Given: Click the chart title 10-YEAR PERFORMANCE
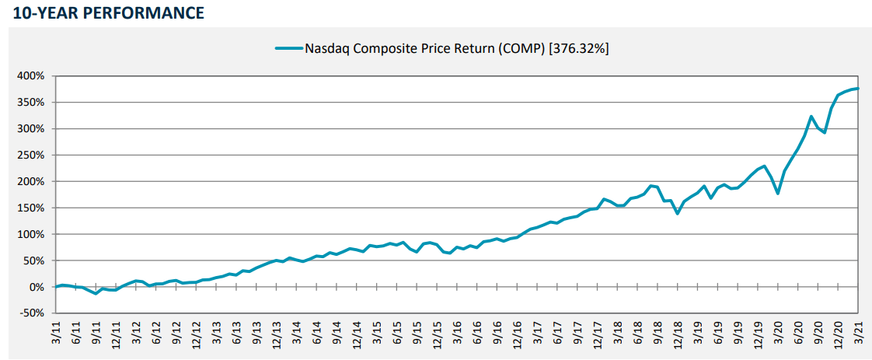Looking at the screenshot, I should pyautogui.click(x=103, y=13).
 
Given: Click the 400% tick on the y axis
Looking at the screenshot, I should pyautogui.click(x=31, y=76).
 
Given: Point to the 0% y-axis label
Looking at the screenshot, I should pyautogui.click(x=37, y=287).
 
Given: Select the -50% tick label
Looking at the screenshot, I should pyautogui.click(x=33, y=313).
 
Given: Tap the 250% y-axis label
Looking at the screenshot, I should pyautogui.click(x=31, y=156).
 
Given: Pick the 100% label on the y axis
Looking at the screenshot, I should pyautogui.click(x=31, y=234).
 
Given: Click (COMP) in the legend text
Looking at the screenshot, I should pyautogui.click(x=523, y=48).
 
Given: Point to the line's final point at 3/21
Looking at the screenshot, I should pyautogui.click(x=857, y=89).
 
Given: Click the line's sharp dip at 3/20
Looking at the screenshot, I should pyautogui.click(x=778, y=193).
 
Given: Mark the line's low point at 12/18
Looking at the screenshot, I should pyautogui.click(x=677, y=213).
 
